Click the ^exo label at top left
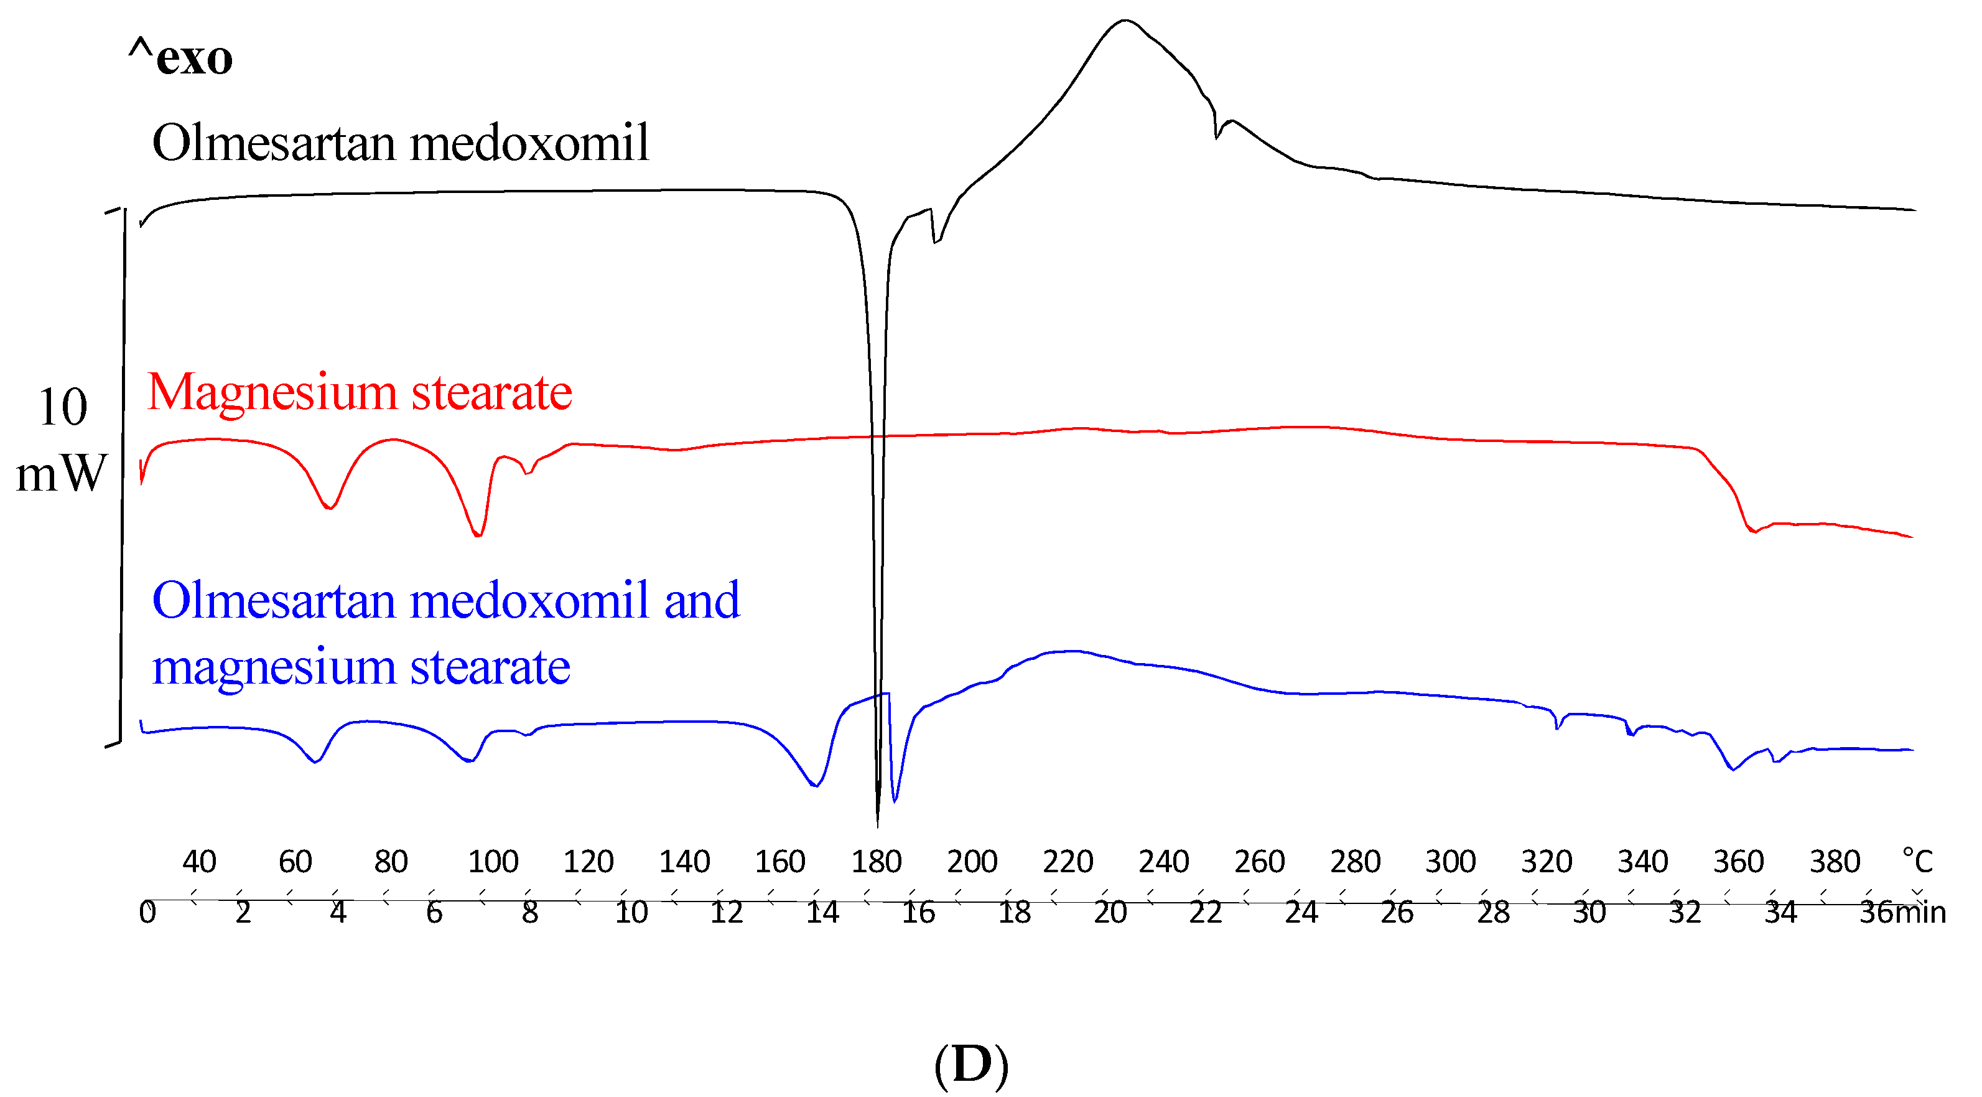(x=181, y=57)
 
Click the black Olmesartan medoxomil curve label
(x=400, y=143)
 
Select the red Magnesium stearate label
(x=360, y=393)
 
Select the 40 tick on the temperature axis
(x=199, y=862)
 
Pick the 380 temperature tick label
(x=1835, y=862)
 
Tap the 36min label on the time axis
(x=1902, y=912)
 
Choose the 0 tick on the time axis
(x=147, y=912)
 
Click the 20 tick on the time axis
(x=1110, y=912)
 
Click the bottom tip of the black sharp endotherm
(x=878, y=826)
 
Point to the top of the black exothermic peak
(x=1125, y=21)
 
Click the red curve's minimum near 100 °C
(x=478, y=535)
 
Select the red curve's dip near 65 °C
(x=329, y=508)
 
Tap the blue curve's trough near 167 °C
(x=815, y=785)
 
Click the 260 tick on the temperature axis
(x=1260, y=862)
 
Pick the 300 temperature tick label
(x=1450, y=862)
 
